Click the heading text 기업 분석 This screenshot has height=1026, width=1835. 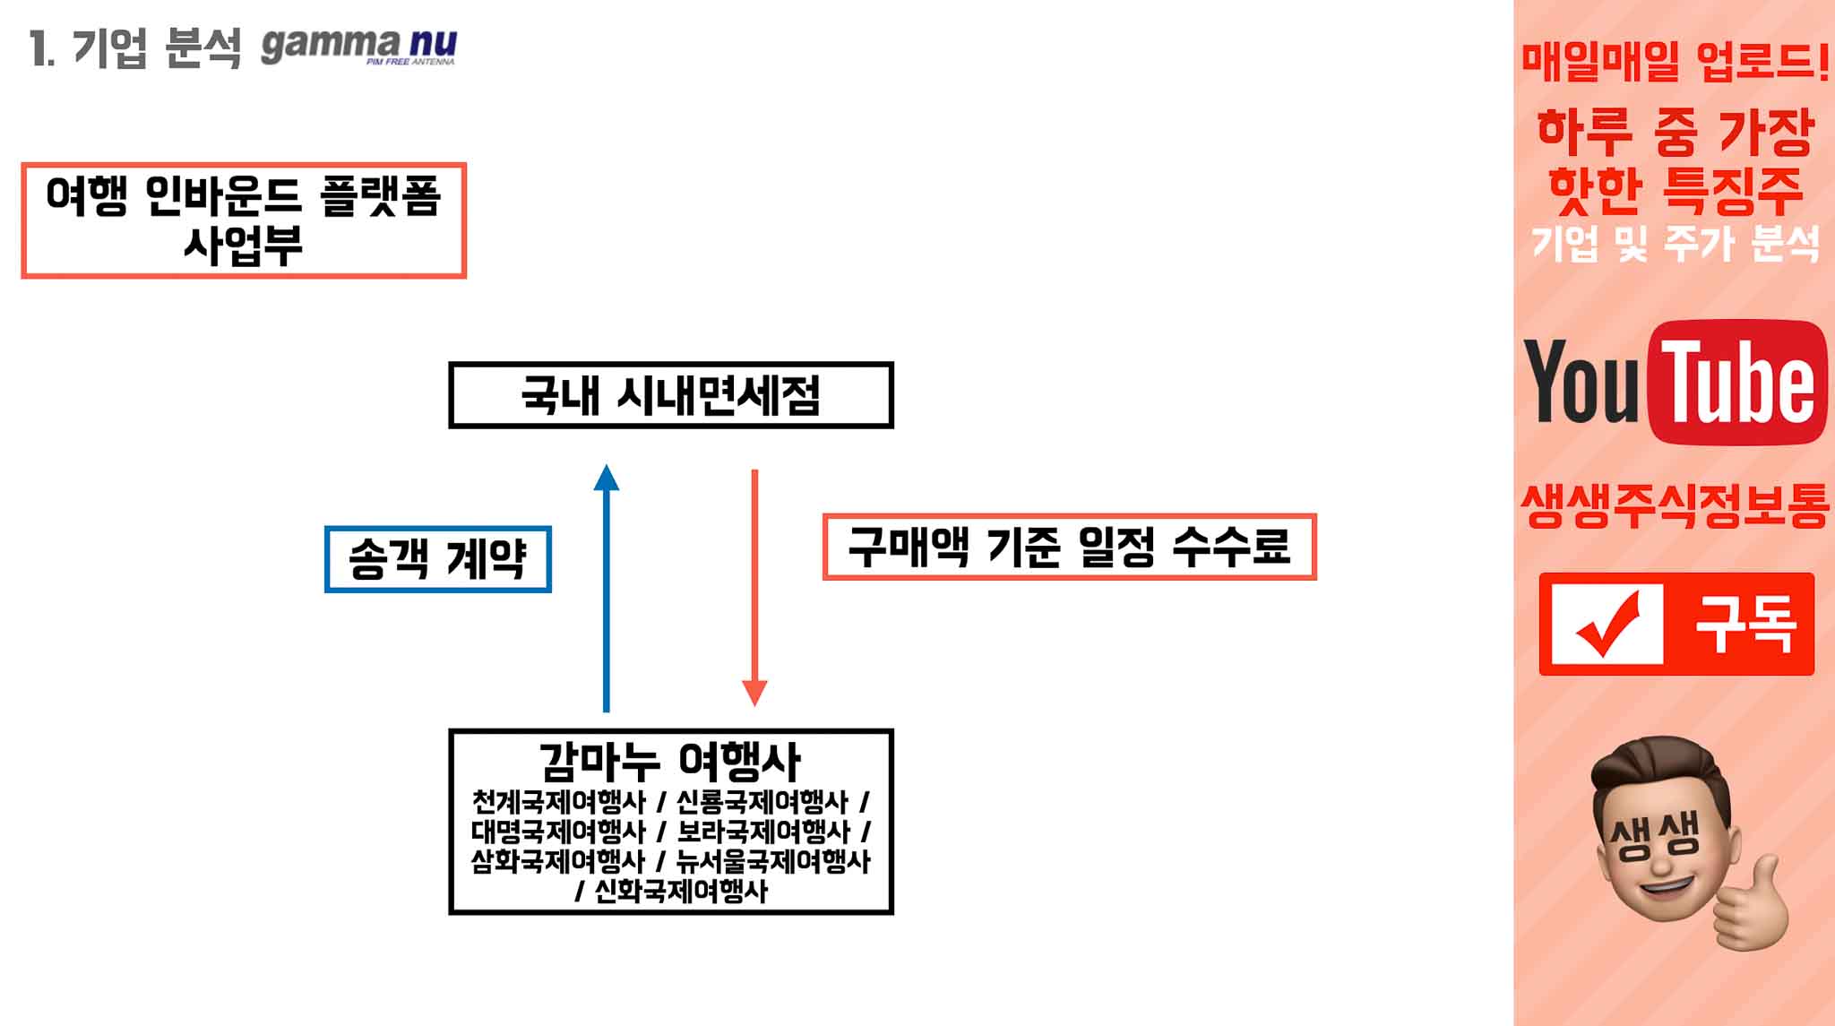tap(156, 47)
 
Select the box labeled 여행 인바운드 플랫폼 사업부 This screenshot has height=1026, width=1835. tap(243, 220)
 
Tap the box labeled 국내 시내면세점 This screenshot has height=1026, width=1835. tap(670, 395)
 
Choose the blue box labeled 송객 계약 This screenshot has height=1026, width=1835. tap(437, 559)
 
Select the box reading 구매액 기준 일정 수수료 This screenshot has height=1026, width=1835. tap(1069, 547)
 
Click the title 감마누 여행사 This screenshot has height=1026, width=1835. tap(669, 762)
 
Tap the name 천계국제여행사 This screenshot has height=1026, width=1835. tap(558, 801)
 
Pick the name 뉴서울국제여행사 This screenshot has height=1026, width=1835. tap(772, 861)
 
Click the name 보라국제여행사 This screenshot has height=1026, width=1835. tap(762, 832)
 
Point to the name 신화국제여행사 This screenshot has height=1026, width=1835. tap(681, 892)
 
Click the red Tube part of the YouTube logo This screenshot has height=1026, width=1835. tap(1737, 383)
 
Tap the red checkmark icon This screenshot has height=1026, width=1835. tap(1607, 624)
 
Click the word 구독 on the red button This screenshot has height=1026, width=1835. tap(1745, 624)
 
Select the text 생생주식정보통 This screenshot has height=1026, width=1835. tap(1674, 506)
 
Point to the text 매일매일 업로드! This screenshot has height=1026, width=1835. tap(1674, 63)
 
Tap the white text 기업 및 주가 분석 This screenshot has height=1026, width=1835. tap(1674, 244)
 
